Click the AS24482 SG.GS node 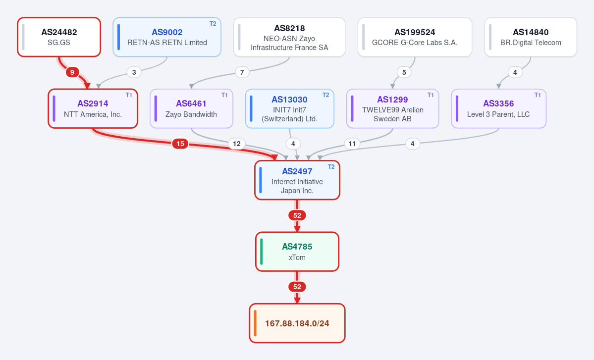click(59, 37)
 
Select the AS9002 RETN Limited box click(167, 37)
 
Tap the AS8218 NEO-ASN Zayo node click(289, 37)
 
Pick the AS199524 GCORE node click(415, 37)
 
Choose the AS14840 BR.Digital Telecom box click(531, 37)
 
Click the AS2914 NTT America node click(93, 108)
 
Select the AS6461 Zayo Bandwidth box click(191, 108)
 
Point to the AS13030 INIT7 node click(290, 108)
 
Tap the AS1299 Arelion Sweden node click(392, 108)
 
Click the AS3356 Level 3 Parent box click(498, 108)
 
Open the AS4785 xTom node click(297, 252)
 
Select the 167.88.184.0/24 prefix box click(297, 323)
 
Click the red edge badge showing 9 click(72, 72)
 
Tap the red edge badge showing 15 click(180, 144)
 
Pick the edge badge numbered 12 click(237, 144)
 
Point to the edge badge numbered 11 click(352, 144)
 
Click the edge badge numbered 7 click(242, 72)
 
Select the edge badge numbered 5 click(404, 72)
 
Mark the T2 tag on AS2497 click(331, 167)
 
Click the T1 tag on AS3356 click(538, 95)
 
